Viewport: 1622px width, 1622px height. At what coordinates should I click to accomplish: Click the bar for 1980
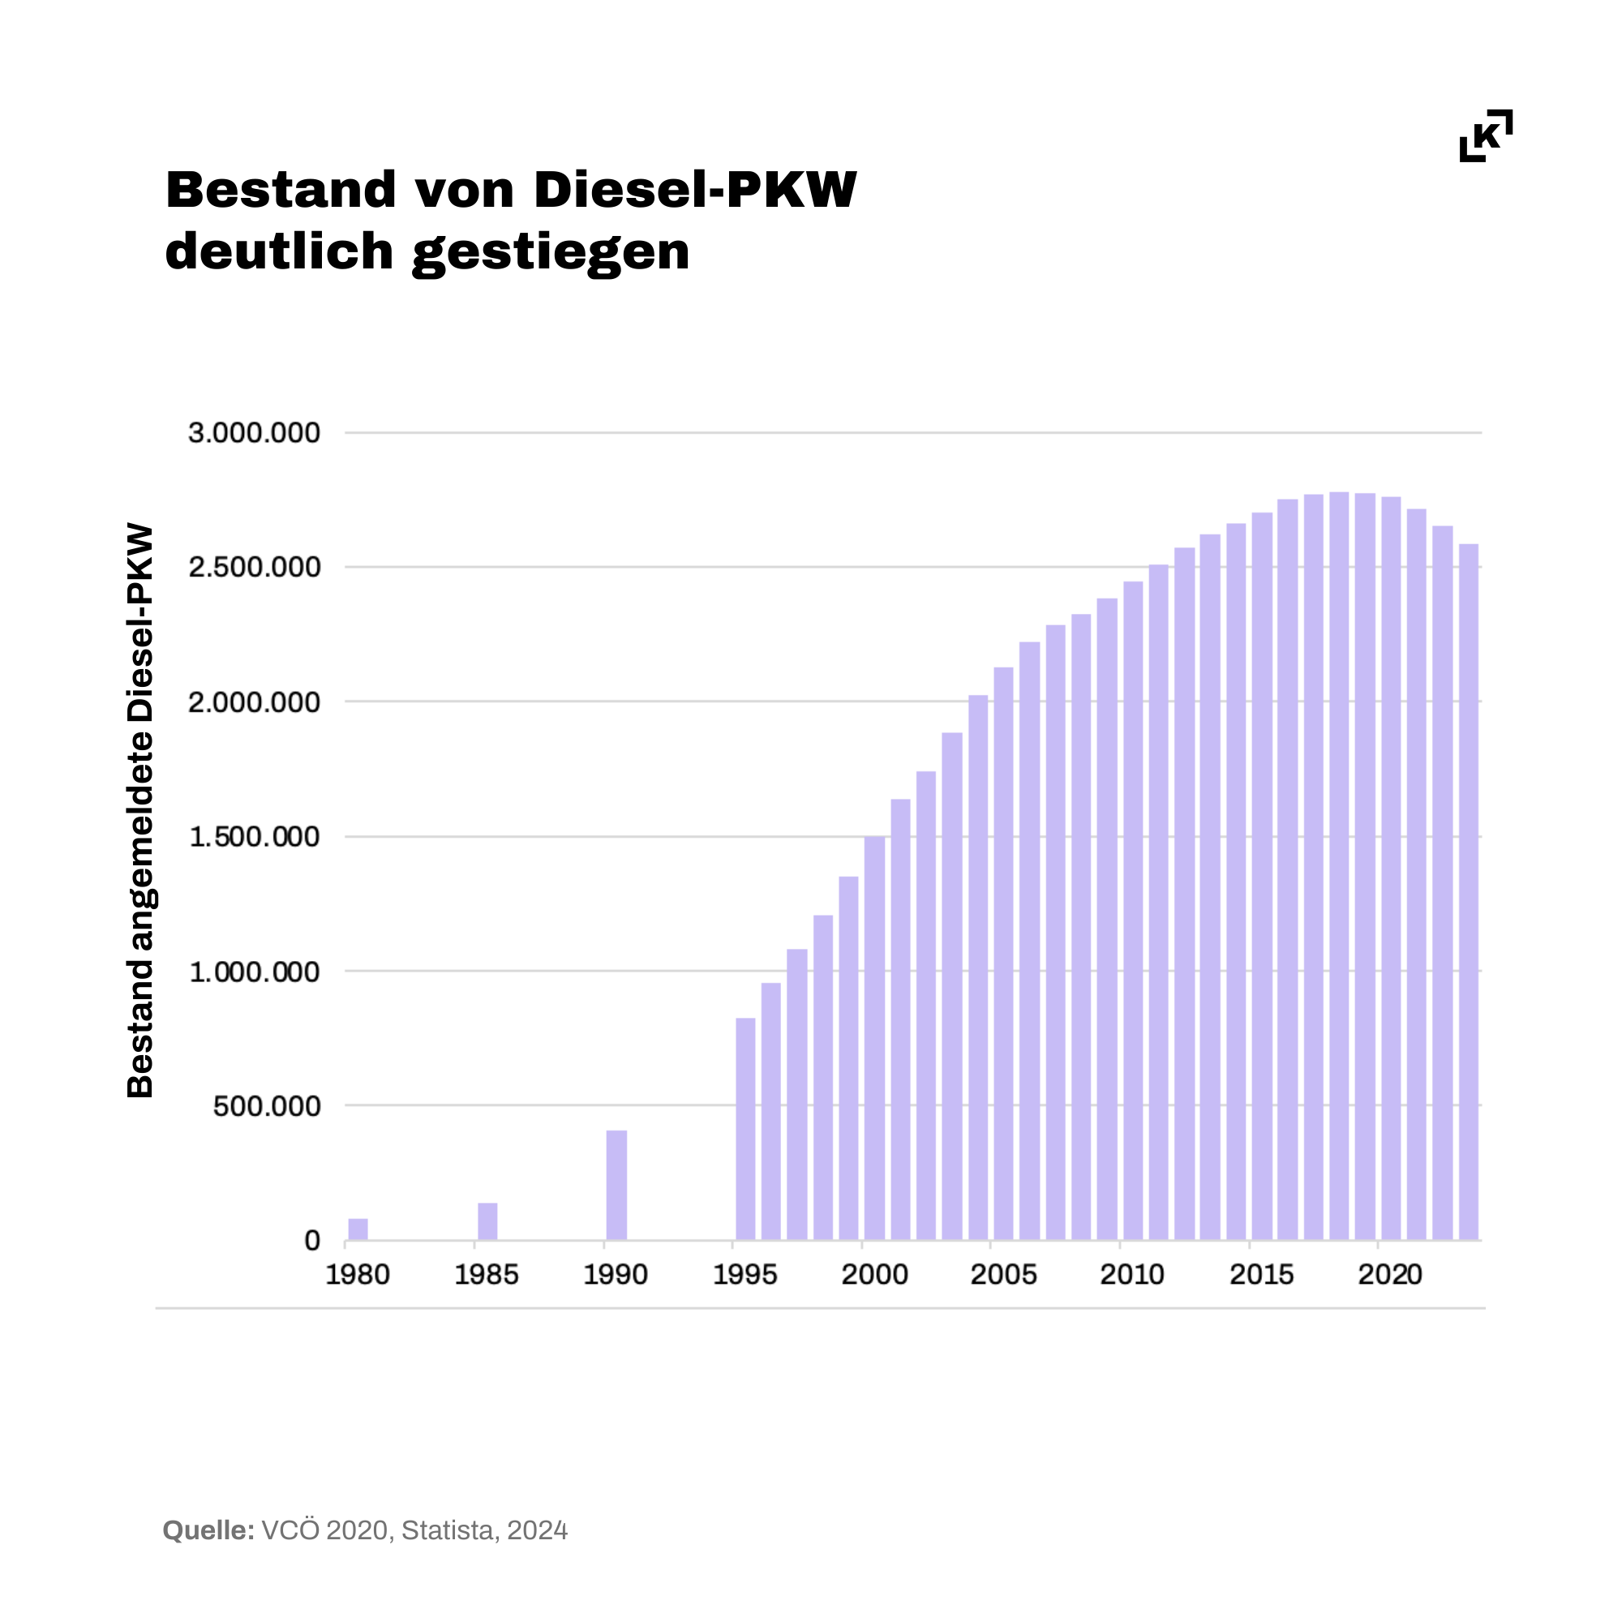coord(358,1229)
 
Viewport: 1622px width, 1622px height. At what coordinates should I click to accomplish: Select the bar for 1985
coord(487,1221)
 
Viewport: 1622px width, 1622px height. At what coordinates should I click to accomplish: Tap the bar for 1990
coord(616,1185)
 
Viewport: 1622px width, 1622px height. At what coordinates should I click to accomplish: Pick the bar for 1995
coord(745,1128)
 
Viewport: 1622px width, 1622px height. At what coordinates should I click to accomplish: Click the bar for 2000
coord(875,1038)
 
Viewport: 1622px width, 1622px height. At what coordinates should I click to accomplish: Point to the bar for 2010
coord(1132,910)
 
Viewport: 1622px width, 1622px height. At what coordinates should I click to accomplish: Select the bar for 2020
coord(1391,868)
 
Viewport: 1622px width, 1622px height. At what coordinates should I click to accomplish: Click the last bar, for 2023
coord(1469,891)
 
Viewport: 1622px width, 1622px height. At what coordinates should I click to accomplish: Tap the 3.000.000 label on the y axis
coord(254,433)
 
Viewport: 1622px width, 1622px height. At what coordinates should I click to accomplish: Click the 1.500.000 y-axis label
coord(254,837)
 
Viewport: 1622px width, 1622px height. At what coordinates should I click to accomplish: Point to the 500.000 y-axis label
coord(266,1106)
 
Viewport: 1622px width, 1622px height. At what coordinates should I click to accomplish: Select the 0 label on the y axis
coord(311,1241)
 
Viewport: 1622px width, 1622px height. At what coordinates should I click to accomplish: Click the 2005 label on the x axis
coord(1003,1275)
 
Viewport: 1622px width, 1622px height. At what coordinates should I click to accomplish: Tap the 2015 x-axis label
coord(1262,1275)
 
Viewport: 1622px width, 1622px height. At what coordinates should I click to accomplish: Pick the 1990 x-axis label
coord(616,1275)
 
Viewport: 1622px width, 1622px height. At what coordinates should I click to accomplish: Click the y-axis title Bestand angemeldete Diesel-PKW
coord(140,811)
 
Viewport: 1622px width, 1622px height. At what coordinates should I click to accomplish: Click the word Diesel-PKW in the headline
coord(695,190)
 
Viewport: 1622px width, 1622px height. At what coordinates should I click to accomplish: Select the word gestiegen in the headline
coord(551,252)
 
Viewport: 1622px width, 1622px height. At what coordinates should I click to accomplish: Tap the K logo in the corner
coord(1486,135)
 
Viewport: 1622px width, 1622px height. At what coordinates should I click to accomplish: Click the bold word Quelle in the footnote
coord(208,1530)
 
